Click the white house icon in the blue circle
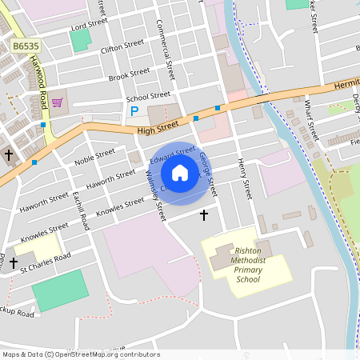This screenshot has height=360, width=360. [180, 172]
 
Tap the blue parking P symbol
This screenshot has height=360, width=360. [134, 111]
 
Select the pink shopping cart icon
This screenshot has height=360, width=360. [57, 102]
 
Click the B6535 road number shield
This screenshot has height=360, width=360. [25, 47]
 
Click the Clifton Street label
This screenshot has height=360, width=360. [122, 46]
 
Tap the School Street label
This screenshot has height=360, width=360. [148, 98]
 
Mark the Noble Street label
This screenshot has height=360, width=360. [94, 156]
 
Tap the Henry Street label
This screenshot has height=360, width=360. [243, 178]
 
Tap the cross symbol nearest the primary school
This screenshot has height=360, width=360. [203, 214]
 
